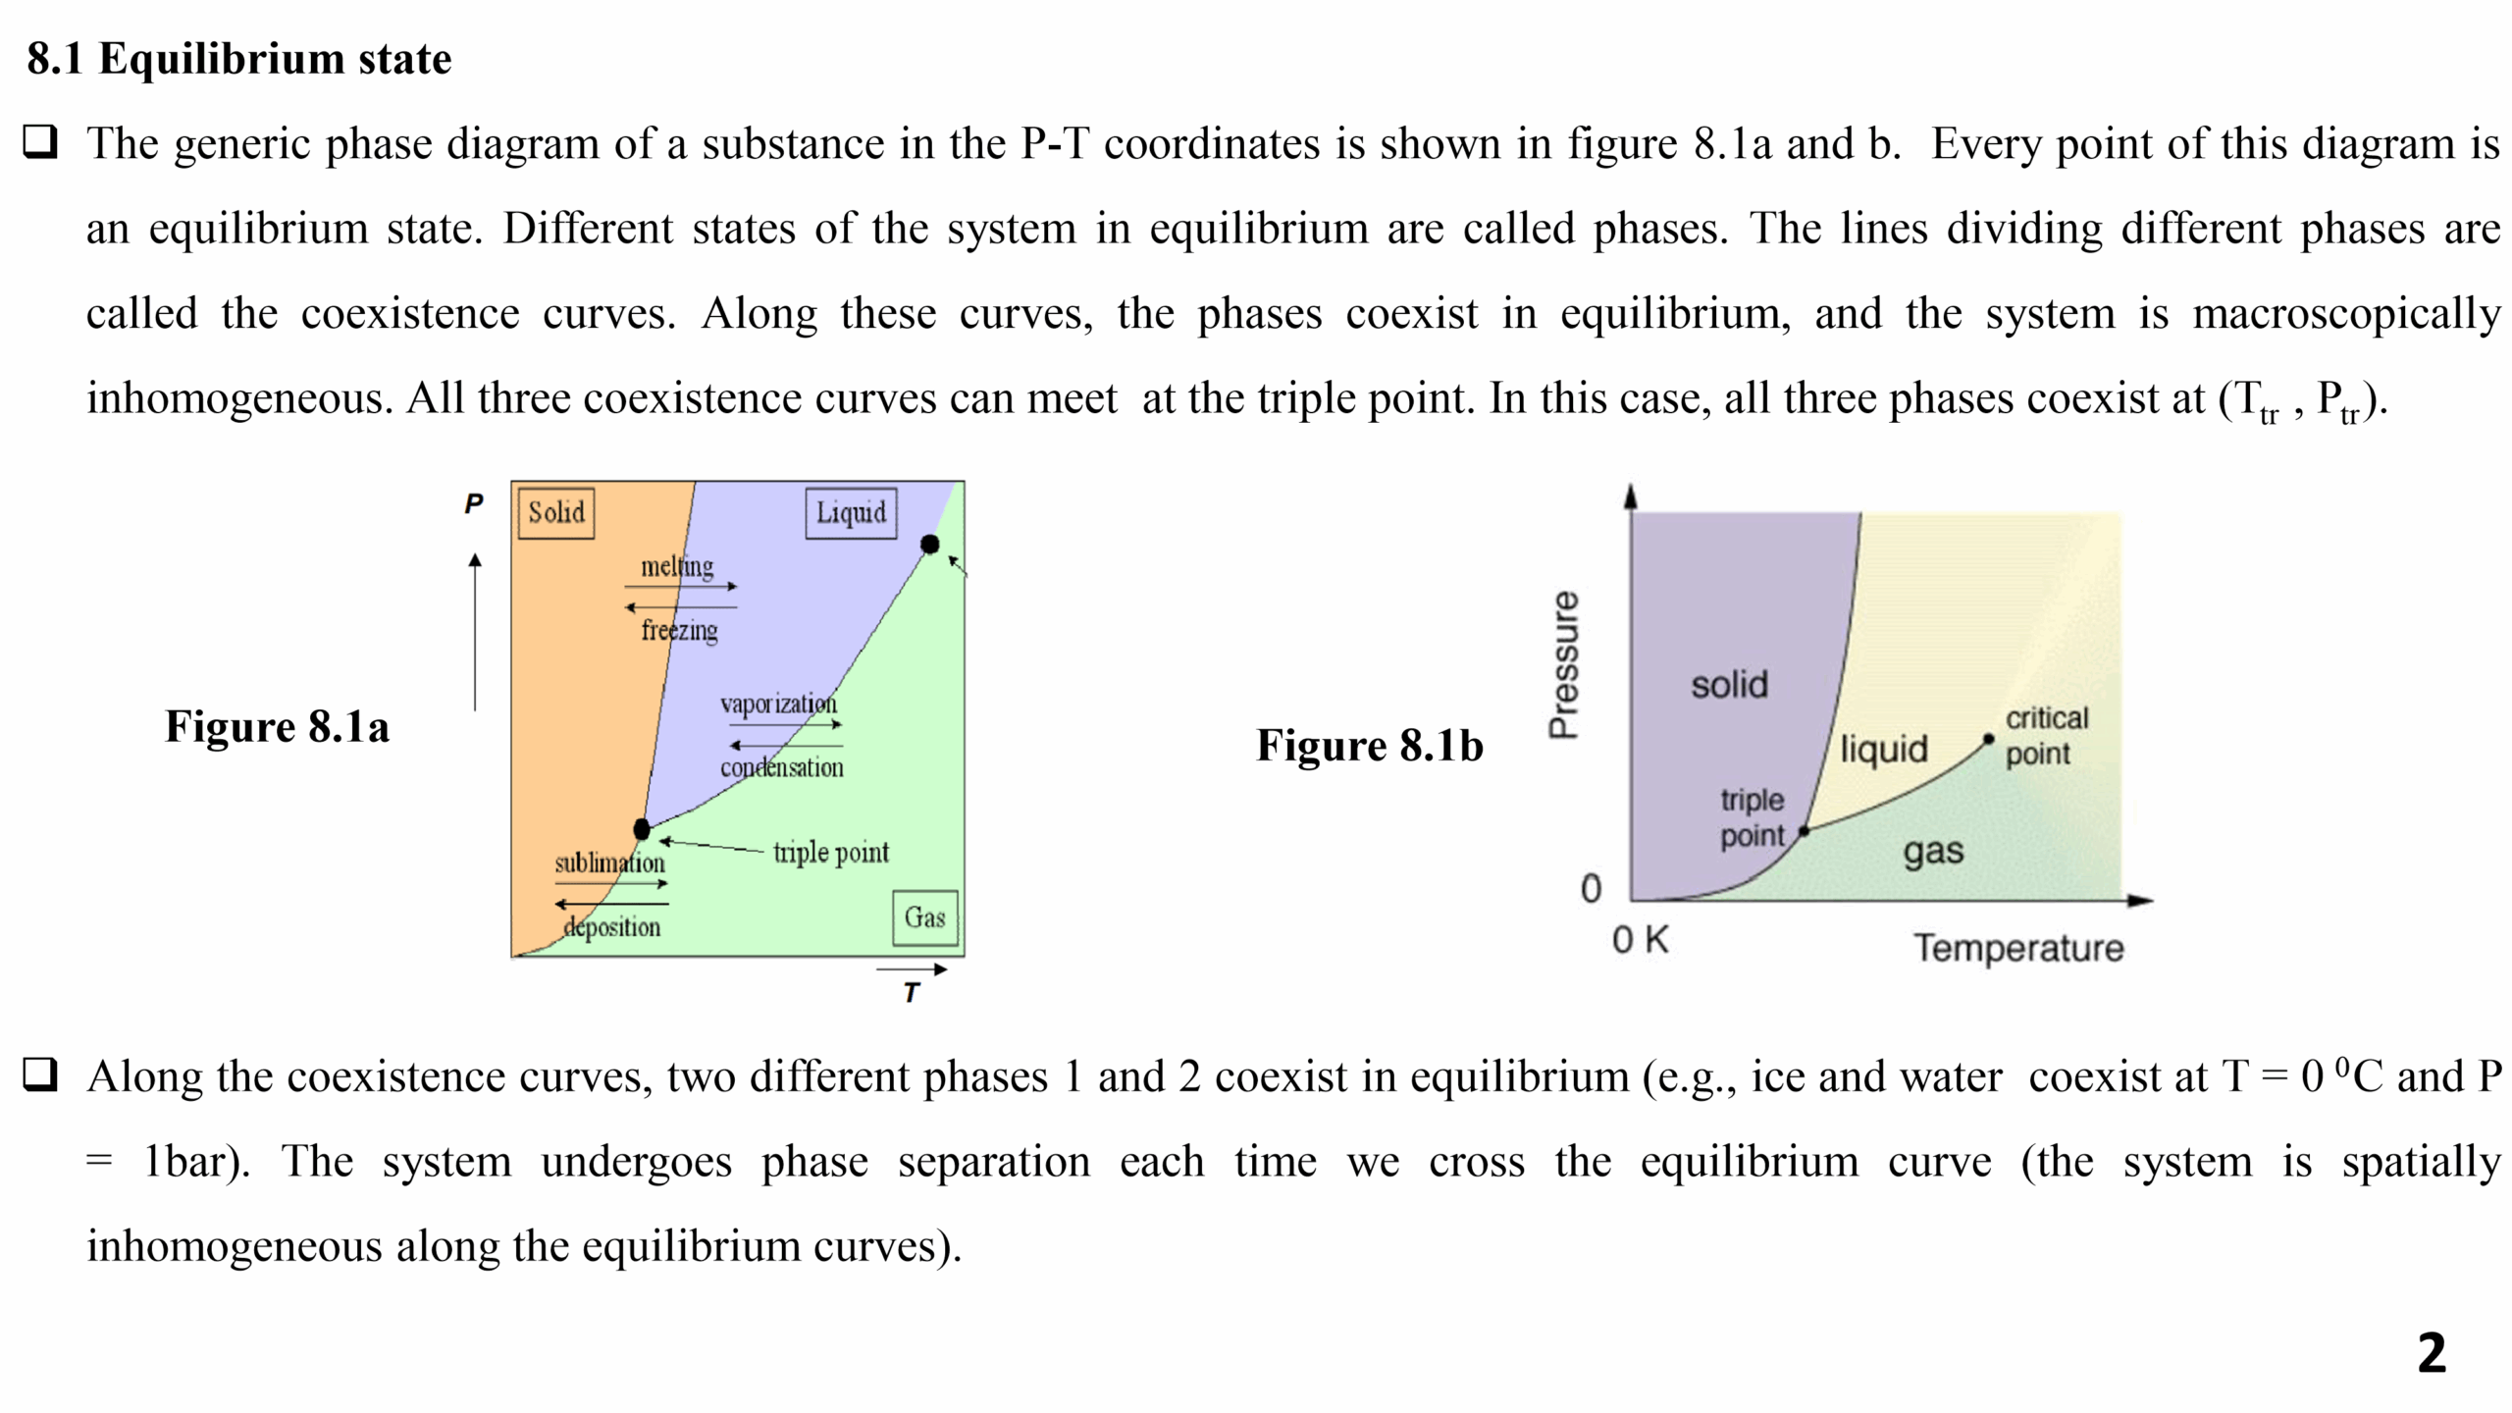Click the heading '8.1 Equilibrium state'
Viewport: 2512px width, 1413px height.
click(x=238, y=59)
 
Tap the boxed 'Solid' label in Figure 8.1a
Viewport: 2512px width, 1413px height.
click(x=555, y=512)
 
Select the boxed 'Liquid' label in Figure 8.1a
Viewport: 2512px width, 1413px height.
click(x=851, y=512)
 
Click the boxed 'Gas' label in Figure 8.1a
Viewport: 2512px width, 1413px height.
click(x=924, y=917)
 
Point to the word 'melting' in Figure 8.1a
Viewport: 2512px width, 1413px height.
click(x=677, y=566)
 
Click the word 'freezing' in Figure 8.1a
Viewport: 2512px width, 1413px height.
click(x=679, y=630)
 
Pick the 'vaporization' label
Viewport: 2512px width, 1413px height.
click(x=778, y=704)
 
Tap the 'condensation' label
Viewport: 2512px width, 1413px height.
click(x=781, y=767)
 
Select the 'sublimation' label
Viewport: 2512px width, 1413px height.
click(x=609, y=863)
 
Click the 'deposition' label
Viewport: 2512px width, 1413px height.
click(x=611, y=926)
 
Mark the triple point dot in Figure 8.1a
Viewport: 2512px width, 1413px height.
click(x=642, y=829)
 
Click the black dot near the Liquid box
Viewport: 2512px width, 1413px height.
click(x=929, y=545)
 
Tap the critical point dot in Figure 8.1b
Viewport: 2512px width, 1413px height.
click(x=1988, y=739)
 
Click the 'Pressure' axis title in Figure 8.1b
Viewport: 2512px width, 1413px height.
click(x=1563, y=664)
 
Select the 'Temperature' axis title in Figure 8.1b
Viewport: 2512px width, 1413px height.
click(x=2018, y=948)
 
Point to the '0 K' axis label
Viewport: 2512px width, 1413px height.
click(x=1640, y=940)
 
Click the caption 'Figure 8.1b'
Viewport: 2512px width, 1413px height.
click(x=1370, y=745)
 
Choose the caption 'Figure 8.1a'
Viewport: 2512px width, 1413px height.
click(x=277, y=726)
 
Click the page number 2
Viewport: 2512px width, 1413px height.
click(x=2432, y=1353)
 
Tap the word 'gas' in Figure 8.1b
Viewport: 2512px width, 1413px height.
click(x=1933, y=851)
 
